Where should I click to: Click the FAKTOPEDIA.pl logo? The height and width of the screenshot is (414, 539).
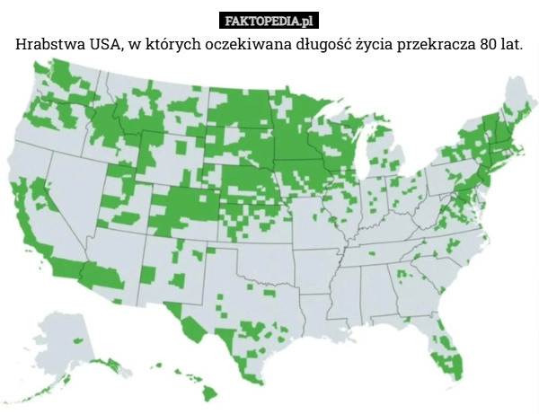(x=269, y=21)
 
